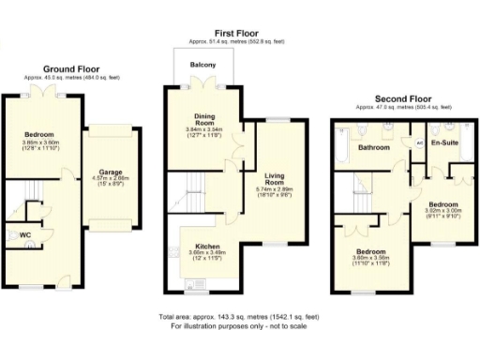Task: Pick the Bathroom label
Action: (x=372, y=147)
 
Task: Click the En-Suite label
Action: (x=443, y=142)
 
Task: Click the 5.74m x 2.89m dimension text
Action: (x=275, y=189)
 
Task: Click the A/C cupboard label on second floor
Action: (x=419, y=142)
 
